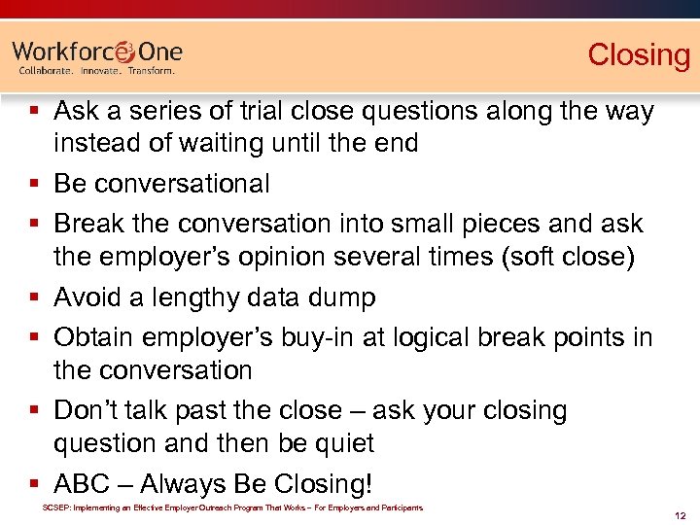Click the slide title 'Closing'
638,54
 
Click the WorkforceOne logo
97,51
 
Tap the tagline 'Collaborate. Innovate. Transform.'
97,71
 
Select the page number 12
681,514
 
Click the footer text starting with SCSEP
232,507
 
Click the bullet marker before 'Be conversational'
33,184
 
